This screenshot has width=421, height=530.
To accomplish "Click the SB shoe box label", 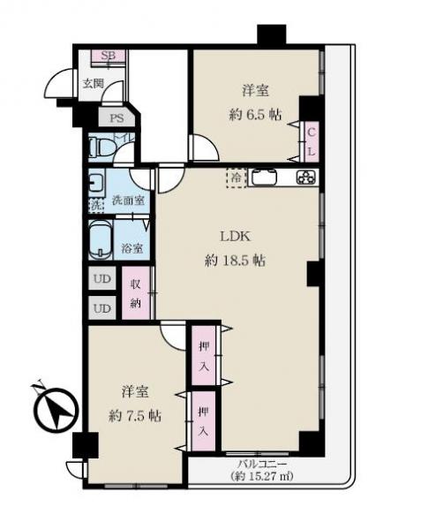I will [109, 57].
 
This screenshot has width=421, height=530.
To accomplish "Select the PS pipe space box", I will [115, 117].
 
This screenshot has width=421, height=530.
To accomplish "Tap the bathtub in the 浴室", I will [101, 239].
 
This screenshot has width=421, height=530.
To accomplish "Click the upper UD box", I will [102, 282].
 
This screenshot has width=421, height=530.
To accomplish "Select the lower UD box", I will [102, 308].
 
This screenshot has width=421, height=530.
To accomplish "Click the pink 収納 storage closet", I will [137, 293].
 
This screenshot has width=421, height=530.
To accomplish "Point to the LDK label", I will [234, 237].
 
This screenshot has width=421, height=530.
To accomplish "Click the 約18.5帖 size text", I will [233, 261].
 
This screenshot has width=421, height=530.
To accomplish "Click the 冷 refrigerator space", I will [236, 177].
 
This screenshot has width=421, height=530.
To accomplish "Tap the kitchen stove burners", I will [304, 178].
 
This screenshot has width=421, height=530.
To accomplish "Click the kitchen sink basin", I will [266, 178].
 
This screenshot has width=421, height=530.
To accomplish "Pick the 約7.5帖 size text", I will [131, 414].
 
